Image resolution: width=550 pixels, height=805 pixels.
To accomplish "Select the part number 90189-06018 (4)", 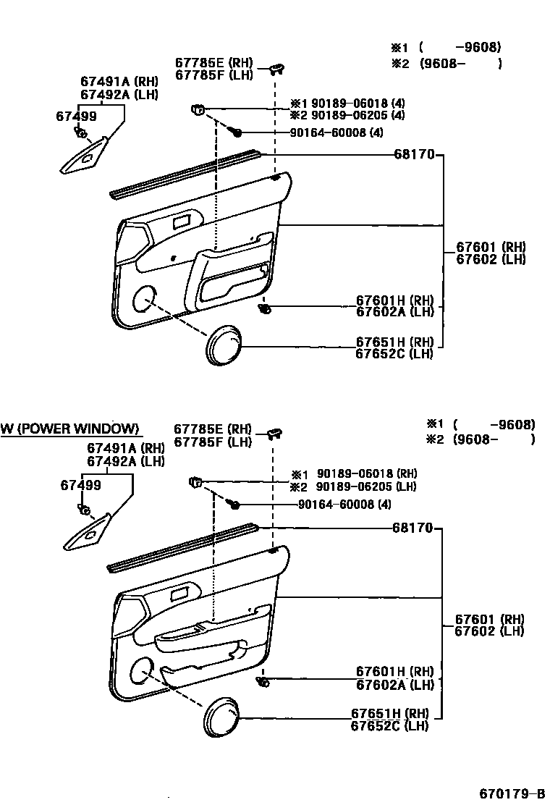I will (x=347, y=104).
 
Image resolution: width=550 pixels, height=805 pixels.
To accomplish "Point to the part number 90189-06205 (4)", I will (x=347, y=115).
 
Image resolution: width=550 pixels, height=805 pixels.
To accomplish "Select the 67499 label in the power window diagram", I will (x=80, y=485).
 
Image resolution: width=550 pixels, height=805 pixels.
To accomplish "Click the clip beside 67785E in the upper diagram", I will (x=277, y=69).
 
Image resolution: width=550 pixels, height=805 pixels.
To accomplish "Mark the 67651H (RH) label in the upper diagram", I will (x=394, y=342).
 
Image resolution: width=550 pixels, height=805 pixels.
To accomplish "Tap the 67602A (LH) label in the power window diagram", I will (x=394, y=685).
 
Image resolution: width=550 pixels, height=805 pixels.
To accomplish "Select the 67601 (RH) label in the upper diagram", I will (x=491, y=247).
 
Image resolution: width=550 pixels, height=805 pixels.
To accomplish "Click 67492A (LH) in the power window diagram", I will (x=126, y=460).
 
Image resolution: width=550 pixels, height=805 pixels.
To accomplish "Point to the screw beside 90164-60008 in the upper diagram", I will (x=237, y=132).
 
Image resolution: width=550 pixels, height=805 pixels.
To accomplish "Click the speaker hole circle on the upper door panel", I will (x=145, y=298).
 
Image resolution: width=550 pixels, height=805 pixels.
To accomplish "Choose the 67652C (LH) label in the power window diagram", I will (x=389, y=725).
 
